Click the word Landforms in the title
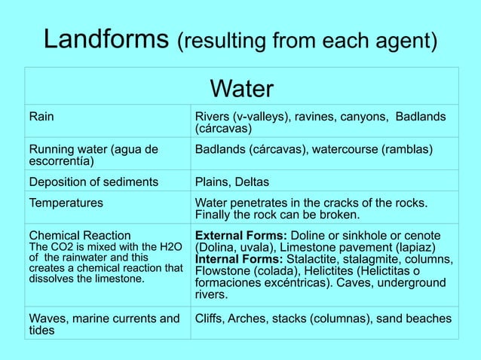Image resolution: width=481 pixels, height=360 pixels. coord(106,39)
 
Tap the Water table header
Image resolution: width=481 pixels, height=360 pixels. coord(241,90)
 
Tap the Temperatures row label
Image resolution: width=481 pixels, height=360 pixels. coord(66,202)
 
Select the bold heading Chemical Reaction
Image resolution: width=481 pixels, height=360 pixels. coord(80,235)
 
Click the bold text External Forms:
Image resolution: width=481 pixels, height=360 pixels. coord(240,235)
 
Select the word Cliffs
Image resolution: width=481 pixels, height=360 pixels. coord(212,319)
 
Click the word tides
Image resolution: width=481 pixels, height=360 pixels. coord(42,331)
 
